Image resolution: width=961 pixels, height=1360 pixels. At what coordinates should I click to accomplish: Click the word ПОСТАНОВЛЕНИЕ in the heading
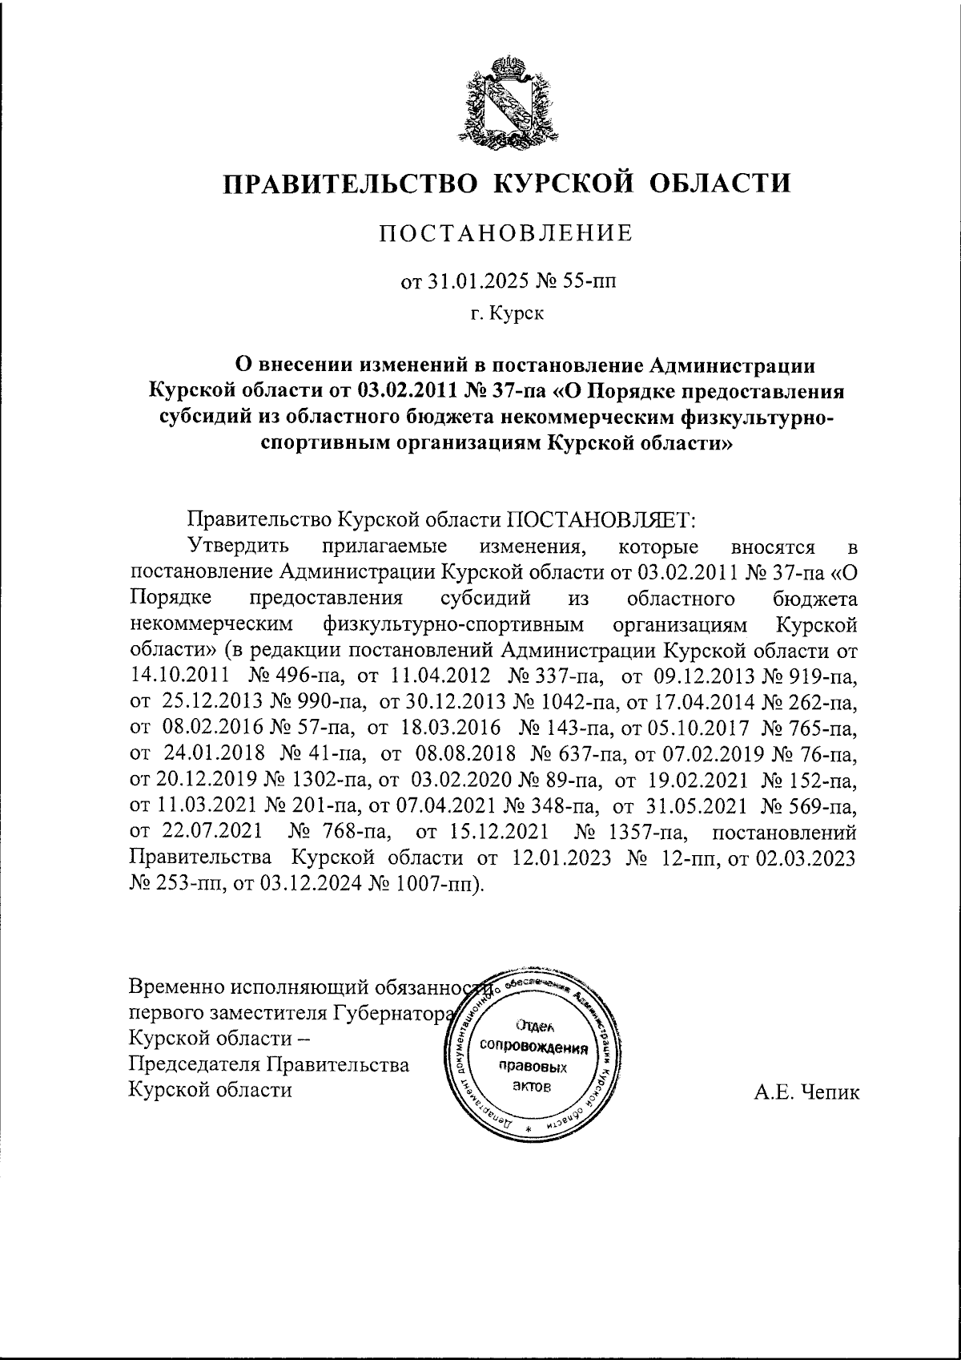[x=506, y=233]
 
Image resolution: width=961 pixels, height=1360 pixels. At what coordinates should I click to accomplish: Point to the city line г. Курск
[x=507, y=313]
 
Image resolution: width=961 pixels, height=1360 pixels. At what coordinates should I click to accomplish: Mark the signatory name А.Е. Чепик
[x=806, y=1091]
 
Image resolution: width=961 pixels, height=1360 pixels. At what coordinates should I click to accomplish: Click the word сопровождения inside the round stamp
[x=533, y=1048]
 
